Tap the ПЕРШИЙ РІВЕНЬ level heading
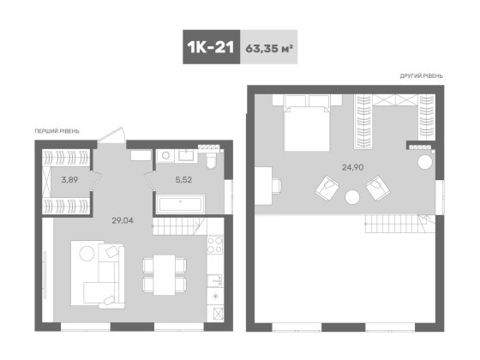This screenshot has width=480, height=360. (58, 130)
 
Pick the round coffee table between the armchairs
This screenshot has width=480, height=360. (352, 197)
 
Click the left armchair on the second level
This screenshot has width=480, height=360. (327, 187)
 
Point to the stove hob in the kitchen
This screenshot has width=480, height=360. (214, 244)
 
